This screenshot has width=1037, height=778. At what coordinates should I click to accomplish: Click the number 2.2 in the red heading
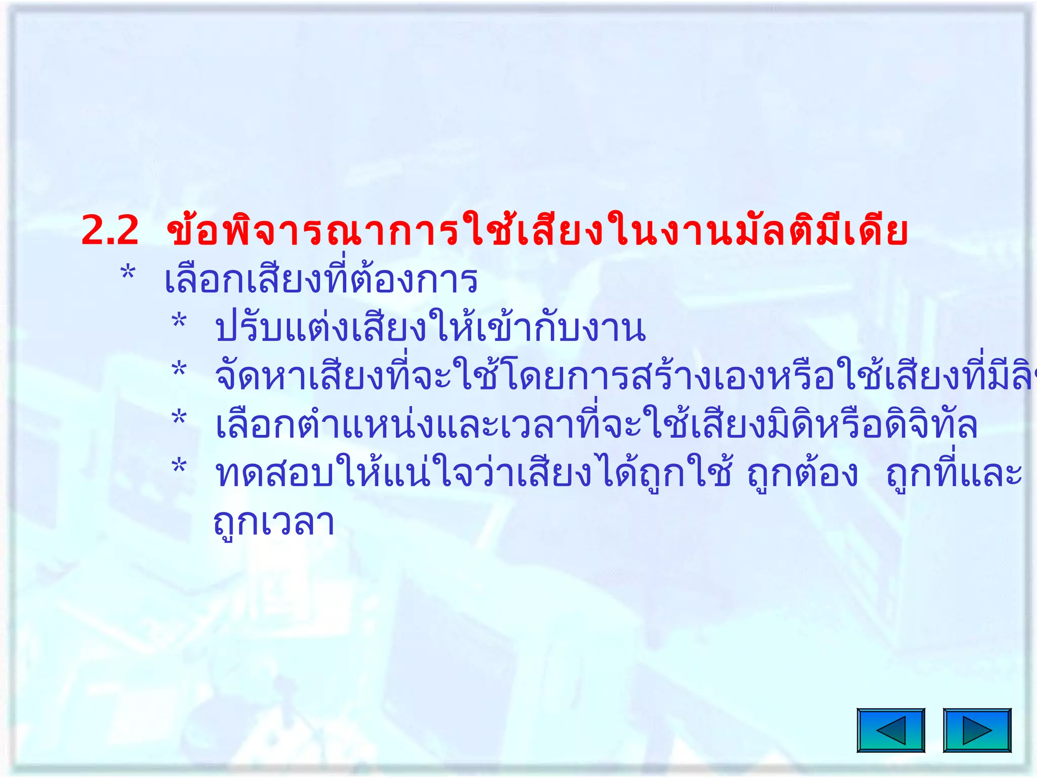coord(110,231)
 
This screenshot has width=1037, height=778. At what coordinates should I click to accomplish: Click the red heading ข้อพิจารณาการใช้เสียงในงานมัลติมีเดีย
coord(537,231)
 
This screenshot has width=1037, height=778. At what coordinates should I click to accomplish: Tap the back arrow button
coord(891,730)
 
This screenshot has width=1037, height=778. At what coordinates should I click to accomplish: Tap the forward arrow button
coord(977,730)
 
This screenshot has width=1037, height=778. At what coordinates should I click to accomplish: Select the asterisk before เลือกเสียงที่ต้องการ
coord(128,274)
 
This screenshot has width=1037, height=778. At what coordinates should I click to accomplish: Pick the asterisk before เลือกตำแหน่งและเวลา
coord(179,418)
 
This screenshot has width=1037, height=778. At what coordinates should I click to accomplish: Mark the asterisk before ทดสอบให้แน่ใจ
coord(179,466)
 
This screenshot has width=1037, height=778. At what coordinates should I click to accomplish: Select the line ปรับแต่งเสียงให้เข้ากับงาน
coord(430,328)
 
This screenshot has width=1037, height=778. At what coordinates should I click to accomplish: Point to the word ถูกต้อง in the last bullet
coord(803,475)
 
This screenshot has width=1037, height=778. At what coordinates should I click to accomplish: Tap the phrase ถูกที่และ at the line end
coord(954,474)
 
